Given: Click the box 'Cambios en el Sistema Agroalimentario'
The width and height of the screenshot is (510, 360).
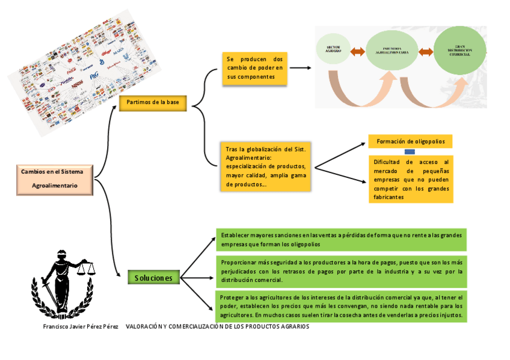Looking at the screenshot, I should [55, 178].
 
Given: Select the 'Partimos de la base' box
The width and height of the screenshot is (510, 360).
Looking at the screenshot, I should [153, 103].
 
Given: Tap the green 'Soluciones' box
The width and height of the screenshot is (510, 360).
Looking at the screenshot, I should [153, 278].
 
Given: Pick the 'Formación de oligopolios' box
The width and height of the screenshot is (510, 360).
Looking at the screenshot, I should [410, 142].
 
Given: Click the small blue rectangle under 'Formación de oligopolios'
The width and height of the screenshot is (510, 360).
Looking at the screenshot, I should [410, 152].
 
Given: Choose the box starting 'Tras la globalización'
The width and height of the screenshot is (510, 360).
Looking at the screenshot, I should [266, 166].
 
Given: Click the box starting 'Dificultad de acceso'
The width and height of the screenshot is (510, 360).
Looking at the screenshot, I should [411, 179].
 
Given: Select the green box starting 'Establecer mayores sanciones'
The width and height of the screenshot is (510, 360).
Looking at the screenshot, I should [341, 240].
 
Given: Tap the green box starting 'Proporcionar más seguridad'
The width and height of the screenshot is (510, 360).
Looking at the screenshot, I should [341, 271].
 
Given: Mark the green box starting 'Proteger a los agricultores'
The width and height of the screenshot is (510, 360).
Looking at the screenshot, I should [341, 306].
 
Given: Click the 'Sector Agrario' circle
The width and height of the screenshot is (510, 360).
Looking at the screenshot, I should [333, 51].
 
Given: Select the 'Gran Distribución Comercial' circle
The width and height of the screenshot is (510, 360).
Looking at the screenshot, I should [459, 51].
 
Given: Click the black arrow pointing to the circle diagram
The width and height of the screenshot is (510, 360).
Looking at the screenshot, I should [301, 68].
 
